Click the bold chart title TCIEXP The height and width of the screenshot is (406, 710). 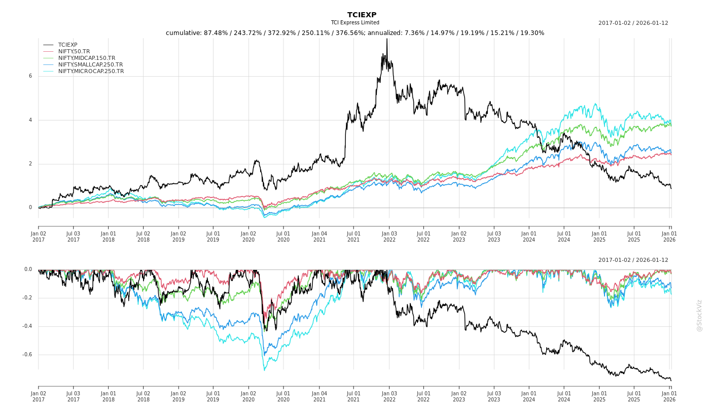(362, 15)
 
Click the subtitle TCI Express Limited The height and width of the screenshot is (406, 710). (355, 23)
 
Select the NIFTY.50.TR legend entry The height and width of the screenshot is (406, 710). (74, 51)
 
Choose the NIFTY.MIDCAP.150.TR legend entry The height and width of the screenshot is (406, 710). (86, 58)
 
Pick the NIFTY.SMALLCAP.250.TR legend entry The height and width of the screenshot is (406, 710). (90, 64)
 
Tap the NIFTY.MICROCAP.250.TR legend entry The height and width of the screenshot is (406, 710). (91, 71)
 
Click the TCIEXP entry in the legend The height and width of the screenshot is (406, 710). (67, 45)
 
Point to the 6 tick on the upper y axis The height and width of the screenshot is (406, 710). (30, 76)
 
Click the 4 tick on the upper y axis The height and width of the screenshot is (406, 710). (30, 120)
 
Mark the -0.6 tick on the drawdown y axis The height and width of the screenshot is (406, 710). (27, 355)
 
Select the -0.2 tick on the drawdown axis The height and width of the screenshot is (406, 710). (27, 298)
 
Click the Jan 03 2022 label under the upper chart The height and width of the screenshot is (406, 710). (389, 236)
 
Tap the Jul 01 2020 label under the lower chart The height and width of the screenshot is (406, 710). (283, 396)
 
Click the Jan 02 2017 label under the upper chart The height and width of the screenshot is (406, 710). (39, 236)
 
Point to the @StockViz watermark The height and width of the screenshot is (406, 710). (699, 315)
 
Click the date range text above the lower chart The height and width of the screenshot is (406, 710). (633, 260)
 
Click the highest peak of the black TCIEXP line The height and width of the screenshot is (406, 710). (387, 40)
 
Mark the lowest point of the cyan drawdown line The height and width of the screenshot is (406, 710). (264, 369)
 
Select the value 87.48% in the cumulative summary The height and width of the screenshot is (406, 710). (215, 33)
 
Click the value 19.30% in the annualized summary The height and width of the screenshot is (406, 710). (532, 33)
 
